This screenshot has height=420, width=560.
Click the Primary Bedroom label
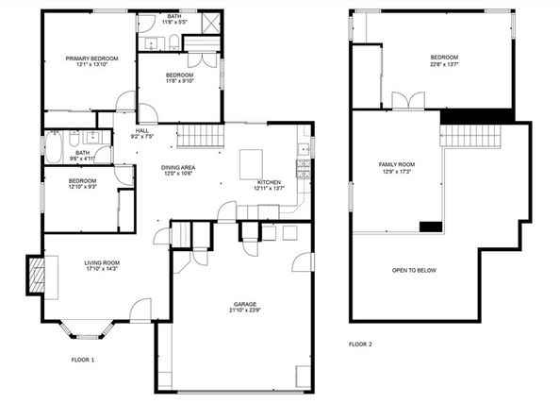pyautogui.click(x=91, y=59)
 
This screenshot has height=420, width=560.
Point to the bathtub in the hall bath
pyautogui.click(x=54, y=148)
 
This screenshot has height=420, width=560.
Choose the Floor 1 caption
pyautogui.click(x=83, y=360)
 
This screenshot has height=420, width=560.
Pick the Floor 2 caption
pyautogui.click(x=360, y=344)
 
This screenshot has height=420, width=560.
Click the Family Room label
pyautogui.click(x=397, y=164)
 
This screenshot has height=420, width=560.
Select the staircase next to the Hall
pyautogui.click(x=200, y=136)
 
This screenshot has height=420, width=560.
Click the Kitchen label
pyautogui.click(x=269, y=181)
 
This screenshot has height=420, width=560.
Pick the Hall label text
pyautogui.click(x=142, y=130)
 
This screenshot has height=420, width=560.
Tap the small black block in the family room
pyautogui.click(x=430, y=226)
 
